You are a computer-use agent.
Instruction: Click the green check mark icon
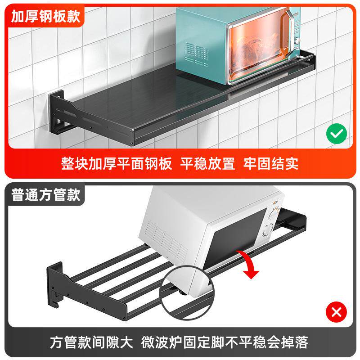point(336,134)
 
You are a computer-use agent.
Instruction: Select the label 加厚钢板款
point(46,17)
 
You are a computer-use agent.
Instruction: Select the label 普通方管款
point(46,195)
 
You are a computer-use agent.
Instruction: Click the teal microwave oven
point(234,45)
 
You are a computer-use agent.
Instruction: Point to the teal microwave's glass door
point(256,49)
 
